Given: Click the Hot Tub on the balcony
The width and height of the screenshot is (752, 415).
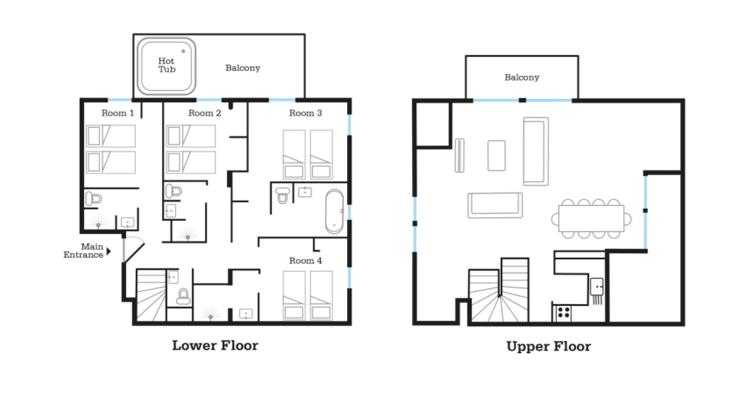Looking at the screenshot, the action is [x=166, y=65].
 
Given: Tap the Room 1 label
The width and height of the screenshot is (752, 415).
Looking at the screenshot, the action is [x=117, y=113].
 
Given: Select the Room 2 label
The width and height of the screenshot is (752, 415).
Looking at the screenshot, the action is [x=204, y=113].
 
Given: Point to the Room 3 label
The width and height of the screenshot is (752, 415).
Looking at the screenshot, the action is [x=305, y=113].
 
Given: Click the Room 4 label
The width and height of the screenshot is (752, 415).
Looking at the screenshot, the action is [x=305, y=261].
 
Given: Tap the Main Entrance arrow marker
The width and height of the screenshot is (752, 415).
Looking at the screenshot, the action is [x=109, y=251].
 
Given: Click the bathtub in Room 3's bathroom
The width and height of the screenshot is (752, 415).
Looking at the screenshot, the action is [x=334, y=211].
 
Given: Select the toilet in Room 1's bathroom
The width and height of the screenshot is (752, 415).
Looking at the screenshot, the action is [x=93, y=198].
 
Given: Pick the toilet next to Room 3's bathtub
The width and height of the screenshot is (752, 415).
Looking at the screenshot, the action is [x=283, y=195].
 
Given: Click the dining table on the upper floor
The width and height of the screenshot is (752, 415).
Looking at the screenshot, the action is [x=591, y=219].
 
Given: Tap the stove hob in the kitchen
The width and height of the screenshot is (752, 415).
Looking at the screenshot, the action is [x=563, y=313].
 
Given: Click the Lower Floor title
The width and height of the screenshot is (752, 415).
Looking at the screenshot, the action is [x=215, y=345].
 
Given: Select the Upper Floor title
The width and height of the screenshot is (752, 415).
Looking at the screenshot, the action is [x=549, y=347].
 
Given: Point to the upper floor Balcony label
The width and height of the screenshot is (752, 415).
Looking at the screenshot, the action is [x=521, y=78].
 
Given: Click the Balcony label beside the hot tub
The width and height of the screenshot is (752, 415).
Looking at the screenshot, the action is [x=243, y=68].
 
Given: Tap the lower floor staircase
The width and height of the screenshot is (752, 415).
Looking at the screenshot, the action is [x=151, y=295].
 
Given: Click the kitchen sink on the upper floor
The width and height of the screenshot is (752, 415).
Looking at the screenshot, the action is [x=597, y=287].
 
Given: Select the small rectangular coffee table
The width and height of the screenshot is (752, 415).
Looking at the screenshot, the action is [x=497, y=155].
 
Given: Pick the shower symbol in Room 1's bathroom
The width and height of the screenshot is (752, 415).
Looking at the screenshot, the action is [x=98, y=223].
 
